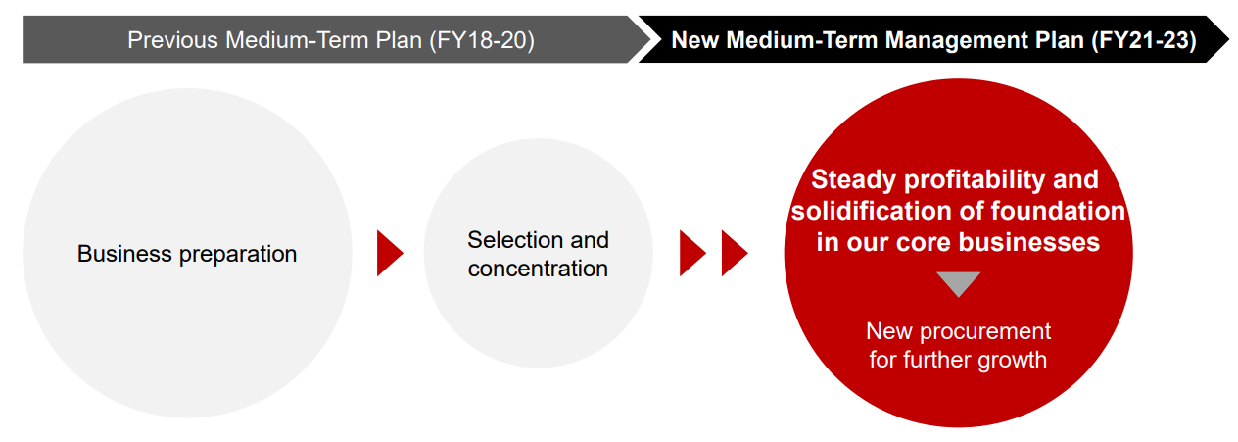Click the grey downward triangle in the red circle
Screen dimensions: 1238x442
pos(958,283)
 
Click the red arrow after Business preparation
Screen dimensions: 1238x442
pos(390,254)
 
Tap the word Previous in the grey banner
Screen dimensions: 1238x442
pos(173,40)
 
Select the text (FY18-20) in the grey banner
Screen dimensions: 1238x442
pos(482,41)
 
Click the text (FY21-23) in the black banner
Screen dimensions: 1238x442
pos(1144,41)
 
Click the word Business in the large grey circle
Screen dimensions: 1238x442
pos(125,254)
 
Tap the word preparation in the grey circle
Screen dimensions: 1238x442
pos(238,255)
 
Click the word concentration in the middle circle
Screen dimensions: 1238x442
pos(538,269)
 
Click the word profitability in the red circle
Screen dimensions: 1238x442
pos(975,180)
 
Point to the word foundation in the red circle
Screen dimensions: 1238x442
pos(1058,211)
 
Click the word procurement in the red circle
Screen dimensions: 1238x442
pos(985,332)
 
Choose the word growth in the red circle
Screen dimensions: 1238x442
pos(1013,361)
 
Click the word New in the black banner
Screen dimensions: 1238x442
pos(695,40)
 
